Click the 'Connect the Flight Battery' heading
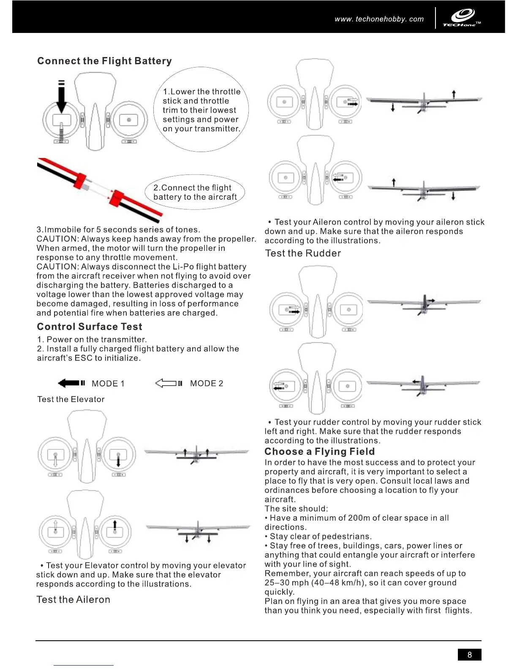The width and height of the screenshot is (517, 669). [x=104, y=61]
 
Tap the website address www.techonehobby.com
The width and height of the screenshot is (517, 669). [x=379, y=19]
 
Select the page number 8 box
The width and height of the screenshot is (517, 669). [x=469, y=655]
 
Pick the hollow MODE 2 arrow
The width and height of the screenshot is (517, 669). [x=168, y=383]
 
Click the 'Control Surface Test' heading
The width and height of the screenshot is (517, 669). [x=90, y=326]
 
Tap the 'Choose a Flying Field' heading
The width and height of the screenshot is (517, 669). [x=319, y=451]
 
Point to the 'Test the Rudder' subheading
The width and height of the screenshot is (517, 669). [x=303, y=253]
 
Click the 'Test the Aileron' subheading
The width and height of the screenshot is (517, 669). [x=73, y=600]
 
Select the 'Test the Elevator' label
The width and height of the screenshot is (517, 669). [x=71, y=400]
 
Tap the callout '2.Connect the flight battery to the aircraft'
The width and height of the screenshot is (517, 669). [x=195, y=193]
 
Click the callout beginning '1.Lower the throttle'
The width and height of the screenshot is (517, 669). [x=201, y=110]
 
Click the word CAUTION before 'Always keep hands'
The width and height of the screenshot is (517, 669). [x=57, y=239]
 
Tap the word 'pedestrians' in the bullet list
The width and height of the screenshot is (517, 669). [x=345, y=537]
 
